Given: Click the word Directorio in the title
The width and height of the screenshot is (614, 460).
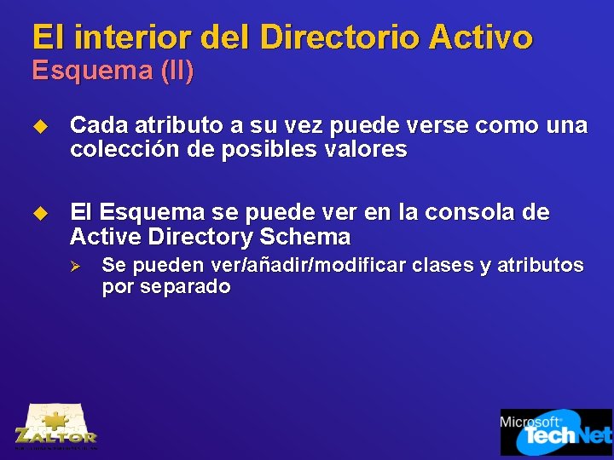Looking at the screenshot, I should coord(339,37).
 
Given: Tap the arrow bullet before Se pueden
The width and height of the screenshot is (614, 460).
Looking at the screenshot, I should coord(74,267).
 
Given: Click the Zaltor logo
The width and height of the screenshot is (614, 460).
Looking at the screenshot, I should coord(56,426).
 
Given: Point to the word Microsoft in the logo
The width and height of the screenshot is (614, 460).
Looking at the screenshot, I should coord(530,421).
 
